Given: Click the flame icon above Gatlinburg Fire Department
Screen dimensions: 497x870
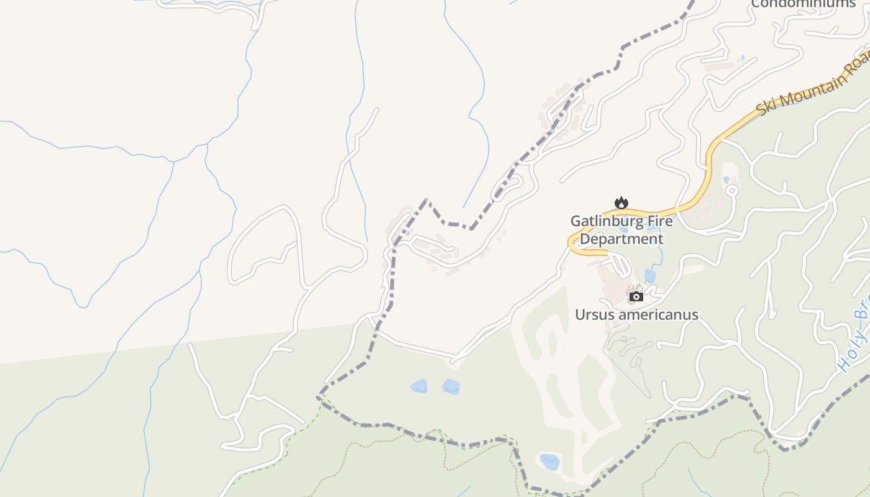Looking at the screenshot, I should click(x=621, y=203).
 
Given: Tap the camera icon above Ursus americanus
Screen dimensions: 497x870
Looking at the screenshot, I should click(x=636, y=296).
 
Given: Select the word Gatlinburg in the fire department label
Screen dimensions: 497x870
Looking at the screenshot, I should click(x=605, y=221).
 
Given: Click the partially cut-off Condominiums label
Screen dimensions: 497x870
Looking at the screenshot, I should click(x=803, y=4).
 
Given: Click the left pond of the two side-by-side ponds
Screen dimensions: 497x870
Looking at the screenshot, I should click(x=419, y=386).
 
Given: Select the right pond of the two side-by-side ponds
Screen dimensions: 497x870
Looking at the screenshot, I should click(x=451, y=386).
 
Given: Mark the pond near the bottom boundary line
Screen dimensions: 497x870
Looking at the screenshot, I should click(x=549, y=462).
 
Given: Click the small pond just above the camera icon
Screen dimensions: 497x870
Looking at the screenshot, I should click(x=649, y=276).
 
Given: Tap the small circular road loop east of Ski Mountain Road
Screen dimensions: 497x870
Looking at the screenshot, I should click(x=731, y=190).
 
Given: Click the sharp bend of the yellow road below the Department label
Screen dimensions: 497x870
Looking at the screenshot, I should click(x=571, y=244).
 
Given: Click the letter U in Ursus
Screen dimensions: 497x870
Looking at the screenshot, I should click(x=580, y=315).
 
